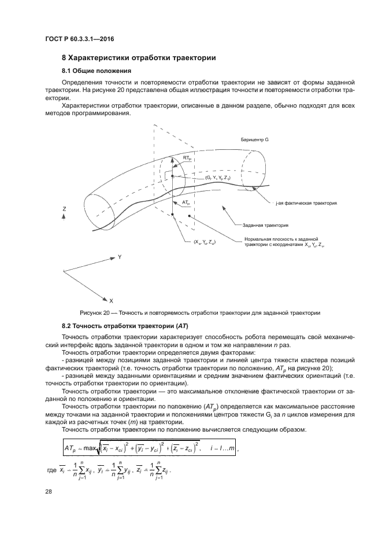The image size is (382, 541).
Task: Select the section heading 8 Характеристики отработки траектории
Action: [139, 58]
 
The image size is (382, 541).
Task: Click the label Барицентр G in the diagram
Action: [255, 141]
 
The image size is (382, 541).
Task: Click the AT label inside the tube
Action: [186, 203]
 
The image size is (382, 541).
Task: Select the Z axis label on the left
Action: [64, 208]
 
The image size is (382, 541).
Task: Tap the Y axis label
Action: [120, 256]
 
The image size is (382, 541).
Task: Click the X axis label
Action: [111, 301]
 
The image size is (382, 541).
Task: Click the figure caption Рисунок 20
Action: [191, 312]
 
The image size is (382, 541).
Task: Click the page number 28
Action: [49, 491]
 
